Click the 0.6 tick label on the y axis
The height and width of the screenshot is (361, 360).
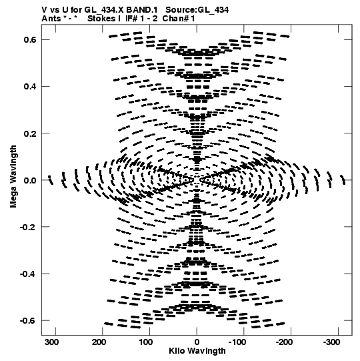(30, 39)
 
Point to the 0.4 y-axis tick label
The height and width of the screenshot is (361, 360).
(30, 86)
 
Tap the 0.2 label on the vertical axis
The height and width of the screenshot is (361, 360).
(30, 133)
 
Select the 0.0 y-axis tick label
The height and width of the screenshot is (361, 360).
(30, 180)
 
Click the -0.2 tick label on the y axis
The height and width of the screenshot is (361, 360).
(28, 227)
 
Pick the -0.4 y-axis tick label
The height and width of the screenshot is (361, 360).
(28, 274)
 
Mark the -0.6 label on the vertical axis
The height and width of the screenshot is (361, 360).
(28, 320)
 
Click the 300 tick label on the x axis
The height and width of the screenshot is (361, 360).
(51, 342)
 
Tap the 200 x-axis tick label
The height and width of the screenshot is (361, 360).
(99, 342)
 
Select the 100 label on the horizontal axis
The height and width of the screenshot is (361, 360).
(146, 342)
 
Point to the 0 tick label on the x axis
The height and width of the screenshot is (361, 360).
(197, 342)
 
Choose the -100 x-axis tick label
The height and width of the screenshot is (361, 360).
(237, 342)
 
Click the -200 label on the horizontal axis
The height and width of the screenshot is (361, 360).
(284, 342)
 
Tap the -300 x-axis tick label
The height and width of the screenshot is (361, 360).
(331, 342)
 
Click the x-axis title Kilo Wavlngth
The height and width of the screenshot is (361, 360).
(197, 351)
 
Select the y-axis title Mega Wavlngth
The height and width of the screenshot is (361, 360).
(13, 177)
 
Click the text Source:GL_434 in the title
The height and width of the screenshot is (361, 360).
(197, 10)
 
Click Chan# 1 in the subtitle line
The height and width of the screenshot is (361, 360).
(179, 19)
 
